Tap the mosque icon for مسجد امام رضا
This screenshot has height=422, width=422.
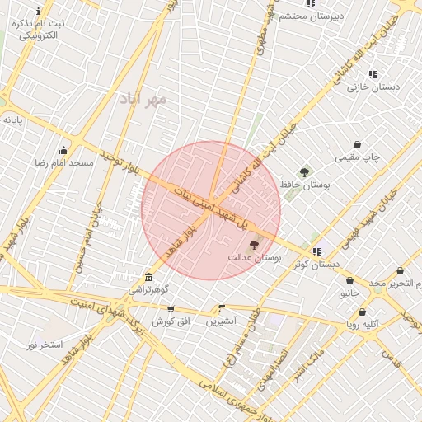point(63,150)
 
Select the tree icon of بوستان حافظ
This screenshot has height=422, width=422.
point(305,172)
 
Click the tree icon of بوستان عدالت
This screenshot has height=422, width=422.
point(253,245)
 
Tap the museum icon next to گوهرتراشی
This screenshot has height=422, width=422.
point(148,278)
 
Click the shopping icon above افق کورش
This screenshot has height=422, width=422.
point(171,308)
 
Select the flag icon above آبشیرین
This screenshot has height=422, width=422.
point(220,306)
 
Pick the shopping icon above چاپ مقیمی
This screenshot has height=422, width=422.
point(357,144)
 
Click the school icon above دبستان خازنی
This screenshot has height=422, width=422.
point(373,74)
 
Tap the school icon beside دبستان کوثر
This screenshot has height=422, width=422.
point(316,251)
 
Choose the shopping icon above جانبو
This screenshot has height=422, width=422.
point(349,280)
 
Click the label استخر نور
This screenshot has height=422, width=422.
point(45,343)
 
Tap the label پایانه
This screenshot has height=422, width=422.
point(13,120)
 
